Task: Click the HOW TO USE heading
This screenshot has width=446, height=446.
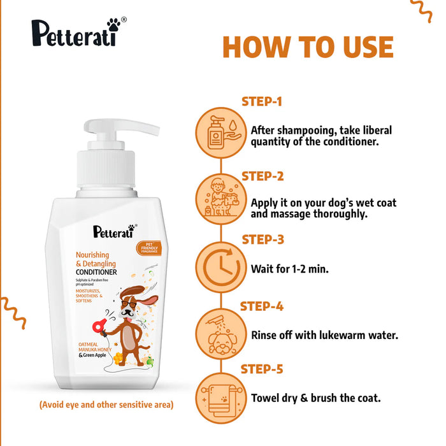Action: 308,48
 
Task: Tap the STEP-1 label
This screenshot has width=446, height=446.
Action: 262,101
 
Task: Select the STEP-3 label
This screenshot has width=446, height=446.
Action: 262,240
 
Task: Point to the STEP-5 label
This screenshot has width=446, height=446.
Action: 262,369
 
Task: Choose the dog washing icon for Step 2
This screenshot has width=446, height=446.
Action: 220,198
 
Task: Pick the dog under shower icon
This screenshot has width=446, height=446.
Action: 220,332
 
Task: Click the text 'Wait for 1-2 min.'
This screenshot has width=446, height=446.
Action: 290,270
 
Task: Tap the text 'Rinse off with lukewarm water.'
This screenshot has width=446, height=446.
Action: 324,334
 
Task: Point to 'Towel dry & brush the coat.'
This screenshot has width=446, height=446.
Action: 316,398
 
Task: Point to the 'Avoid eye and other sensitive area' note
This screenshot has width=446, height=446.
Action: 106,405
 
